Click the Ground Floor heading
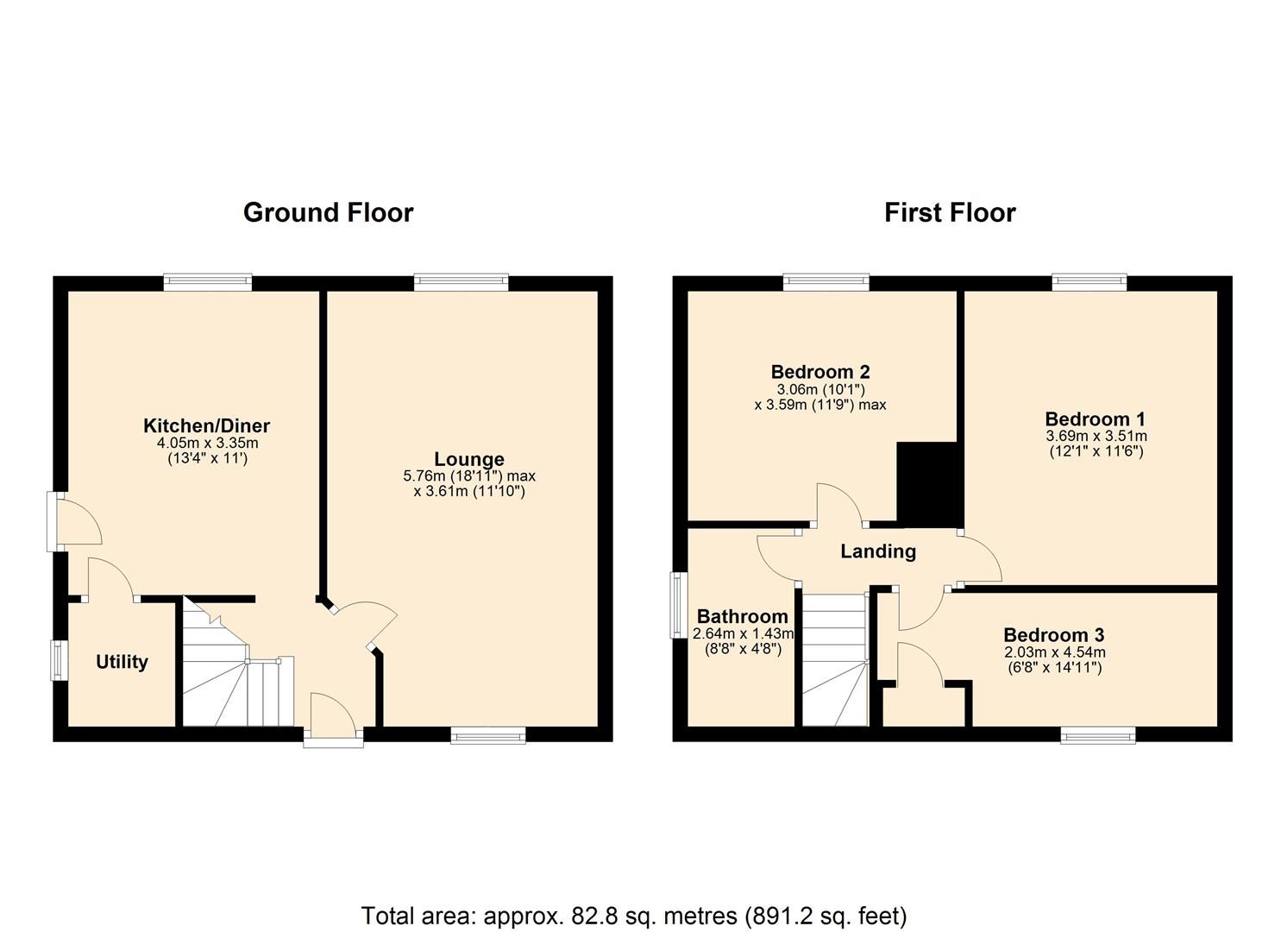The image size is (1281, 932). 328,212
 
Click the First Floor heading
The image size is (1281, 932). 950,212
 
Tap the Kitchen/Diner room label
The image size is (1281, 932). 206,425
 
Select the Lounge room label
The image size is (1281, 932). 468,459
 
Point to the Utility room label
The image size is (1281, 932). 122,662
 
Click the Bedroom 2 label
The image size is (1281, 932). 819,372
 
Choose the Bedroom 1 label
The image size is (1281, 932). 1095,419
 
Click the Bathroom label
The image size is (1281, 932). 742,616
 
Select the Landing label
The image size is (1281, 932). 878,551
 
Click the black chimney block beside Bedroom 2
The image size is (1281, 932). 929,484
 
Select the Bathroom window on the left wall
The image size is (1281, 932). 679,605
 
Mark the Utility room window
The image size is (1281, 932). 59,660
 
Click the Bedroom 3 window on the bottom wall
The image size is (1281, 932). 1097,735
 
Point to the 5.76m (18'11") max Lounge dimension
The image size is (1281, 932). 468,475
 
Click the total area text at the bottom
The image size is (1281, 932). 633,916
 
